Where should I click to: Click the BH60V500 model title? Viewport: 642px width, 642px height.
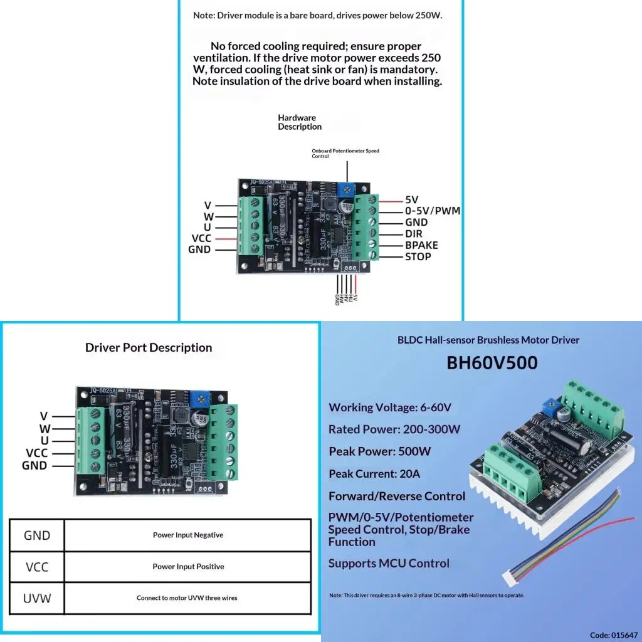point(492,363)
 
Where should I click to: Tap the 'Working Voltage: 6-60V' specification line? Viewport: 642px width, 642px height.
point(390,408)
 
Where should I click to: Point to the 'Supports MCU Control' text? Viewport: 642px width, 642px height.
point(389,563)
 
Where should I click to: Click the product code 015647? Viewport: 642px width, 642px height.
point(613,634)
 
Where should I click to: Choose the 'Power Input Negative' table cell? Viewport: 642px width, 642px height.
point(188,535)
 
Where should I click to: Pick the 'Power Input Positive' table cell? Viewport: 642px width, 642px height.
point(188,567)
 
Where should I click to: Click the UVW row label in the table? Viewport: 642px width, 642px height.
point(36,598)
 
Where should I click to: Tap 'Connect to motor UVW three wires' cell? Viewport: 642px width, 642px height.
point(187,598)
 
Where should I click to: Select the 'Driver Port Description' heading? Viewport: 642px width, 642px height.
point(149,347)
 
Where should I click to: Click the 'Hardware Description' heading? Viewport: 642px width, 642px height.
point(300,122)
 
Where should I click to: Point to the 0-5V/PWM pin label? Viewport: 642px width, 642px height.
point(433,211)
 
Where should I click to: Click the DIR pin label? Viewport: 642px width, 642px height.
point(414,234)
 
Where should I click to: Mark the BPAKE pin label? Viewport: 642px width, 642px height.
point(421,245)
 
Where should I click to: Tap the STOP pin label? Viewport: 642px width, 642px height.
point(418,256)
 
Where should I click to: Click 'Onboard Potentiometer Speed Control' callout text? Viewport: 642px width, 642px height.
point(345,154)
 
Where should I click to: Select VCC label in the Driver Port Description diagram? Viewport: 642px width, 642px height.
point(36,453)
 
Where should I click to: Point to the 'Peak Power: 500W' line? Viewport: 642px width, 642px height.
point(379,451)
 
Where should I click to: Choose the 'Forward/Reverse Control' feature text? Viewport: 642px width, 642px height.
point(397,497)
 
